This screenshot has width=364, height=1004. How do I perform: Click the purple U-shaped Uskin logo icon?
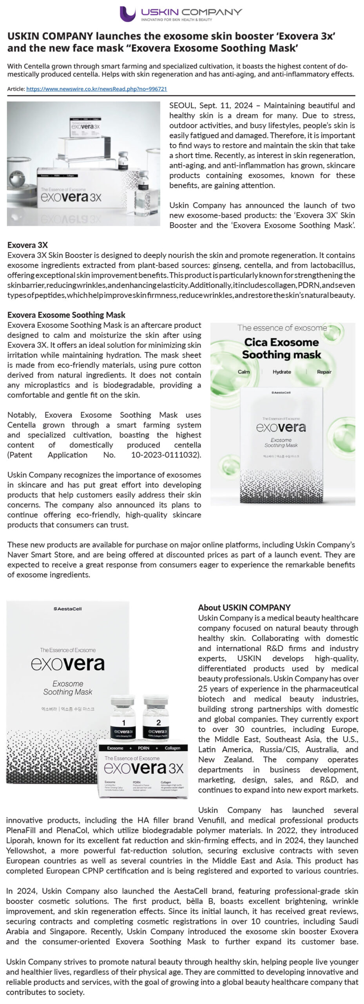coord(127,14)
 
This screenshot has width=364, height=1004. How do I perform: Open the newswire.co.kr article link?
coord(96,89)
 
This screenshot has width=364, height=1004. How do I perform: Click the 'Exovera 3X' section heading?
coord(27,245)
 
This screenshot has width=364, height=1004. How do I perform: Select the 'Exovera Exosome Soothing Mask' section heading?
coord(66,315)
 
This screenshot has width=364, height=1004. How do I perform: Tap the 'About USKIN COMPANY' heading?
coord(244,607)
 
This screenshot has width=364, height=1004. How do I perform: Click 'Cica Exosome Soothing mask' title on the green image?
coord(281,348)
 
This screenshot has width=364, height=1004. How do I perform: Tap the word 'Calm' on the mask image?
coord(244,372)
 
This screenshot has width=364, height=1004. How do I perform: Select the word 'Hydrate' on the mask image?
coord(282,372)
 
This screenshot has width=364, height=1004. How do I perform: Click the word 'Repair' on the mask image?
coord(324,372)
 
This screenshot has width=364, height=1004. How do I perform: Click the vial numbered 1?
coord(123,722)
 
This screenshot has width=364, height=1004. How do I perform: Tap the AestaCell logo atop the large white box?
coord(67,609)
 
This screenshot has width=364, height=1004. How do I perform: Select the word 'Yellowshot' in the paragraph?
coord(25,851)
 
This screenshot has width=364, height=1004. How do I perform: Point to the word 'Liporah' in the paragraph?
coord(19,840)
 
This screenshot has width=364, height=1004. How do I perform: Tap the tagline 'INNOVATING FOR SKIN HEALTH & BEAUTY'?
coord(176,19)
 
